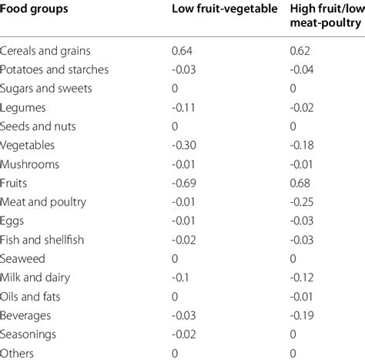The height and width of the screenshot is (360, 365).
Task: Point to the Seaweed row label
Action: (x=25, y=258)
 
